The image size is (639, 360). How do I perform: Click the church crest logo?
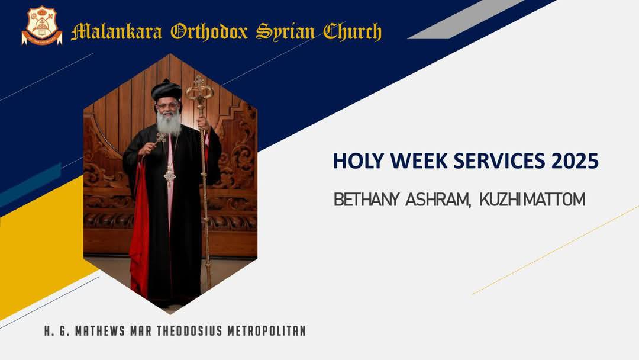coord(42,25)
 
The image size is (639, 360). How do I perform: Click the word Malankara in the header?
coord(117,32)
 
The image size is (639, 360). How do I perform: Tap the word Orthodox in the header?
coord(209,32)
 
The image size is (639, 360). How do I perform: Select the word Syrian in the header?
coord(285,33)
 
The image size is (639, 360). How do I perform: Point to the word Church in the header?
coord(353,32)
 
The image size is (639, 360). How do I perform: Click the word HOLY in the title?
coord(356,160)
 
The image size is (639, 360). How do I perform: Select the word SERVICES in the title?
coord(499,160)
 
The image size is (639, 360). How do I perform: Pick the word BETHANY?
coord(366,200)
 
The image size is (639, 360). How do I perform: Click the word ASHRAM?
coord(438,200)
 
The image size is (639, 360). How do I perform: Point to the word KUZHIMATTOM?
coord(532,200)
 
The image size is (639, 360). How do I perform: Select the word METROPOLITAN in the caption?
coord(266,330)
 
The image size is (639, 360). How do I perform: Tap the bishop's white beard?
coord(169,121)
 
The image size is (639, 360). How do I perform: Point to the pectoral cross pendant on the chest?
coord(170,176)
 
